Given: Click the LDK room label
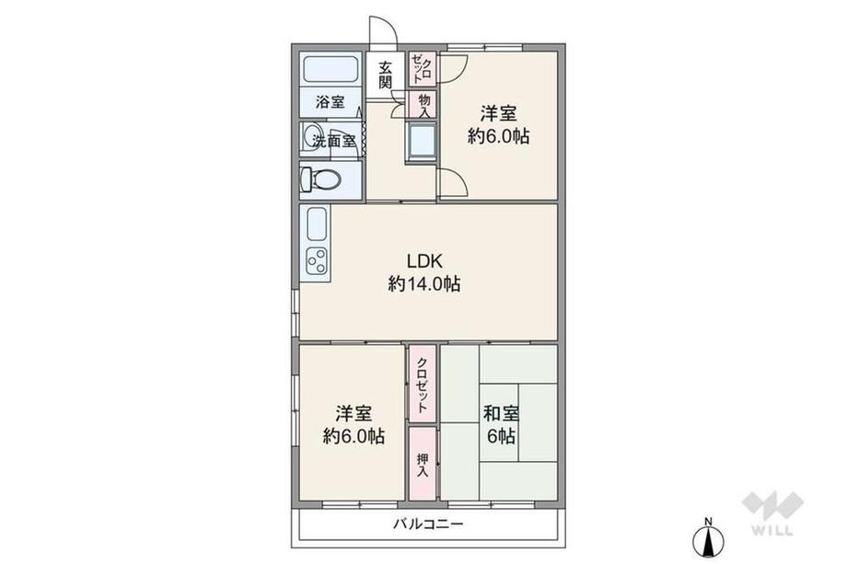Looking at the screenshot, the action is coord(424,261).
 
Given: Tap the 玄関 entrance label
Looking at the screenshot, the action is coord(385,75).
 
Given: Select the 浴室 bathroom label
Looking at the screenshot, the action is coord(330,102).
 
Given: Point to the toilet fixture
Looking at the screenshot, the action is coord(321,179).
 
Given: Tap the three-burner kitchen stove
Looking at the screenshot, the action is coord(317,260).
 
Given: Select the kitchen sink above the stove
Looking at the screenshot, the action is coord(317,224).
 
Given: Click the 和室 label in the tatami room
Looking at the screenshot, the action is coord(501,414).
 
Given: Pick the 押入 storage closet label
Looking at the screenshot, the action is coord(423,465).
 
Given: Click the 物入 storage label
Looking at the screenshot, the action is coord(424,106).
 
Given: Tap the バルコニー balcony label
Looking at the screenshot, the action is coord(428,524).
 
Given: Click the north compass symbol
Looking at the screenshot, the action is coord(708,536).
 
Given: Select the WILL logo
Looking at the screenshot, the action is coord(772,512).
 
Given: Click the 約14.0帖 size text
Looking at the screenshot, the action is coord(424,283).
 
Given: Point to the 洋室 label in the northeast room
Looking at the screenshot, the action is coord(499,114).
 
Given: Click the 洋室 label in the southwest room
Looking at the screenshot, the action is coord(354,414).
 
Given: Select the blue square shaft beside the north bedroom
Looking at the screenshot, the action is coord(422,142).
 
